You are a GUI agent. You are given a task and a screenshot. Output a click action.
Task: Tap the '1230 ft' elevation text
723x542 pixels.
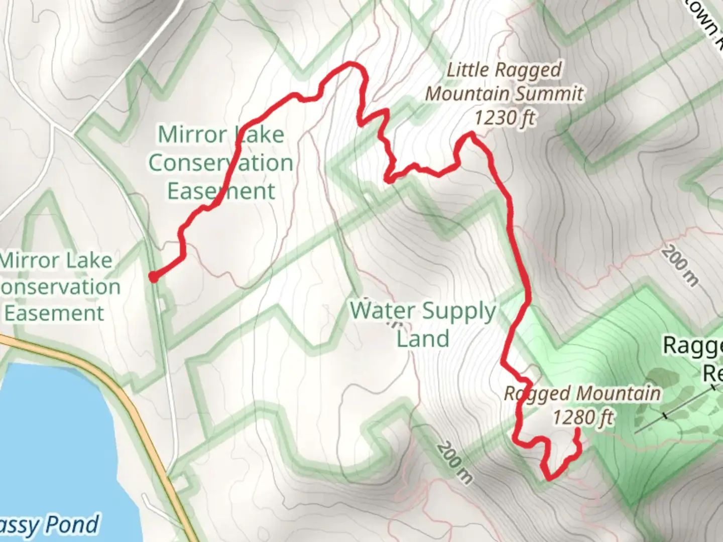[504, 118]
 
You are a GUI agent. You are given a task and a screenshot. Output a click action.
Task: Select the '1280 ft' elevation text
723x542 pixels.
[583, 417]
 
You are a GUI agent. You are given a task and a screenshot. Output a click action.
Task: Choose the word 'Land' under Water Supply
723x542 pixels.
[423, 339]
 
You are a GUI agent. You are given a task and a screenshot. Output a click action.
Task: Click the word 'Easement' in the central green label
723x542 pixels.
[221, 191]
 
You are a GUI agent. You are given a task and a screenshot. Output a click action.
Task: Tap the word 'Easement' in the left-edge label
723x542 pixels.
[54, 313]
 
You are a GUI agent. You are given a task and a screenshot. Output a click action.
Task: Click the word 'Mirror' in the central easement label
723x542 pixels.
[186, 134]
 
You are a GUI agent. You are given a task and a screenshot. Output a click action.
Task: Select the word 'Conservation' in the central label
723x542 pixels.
[221, 163]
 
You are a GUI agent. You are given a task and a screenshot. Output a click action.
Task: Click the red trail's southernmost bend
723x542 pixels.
[549, 479]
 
